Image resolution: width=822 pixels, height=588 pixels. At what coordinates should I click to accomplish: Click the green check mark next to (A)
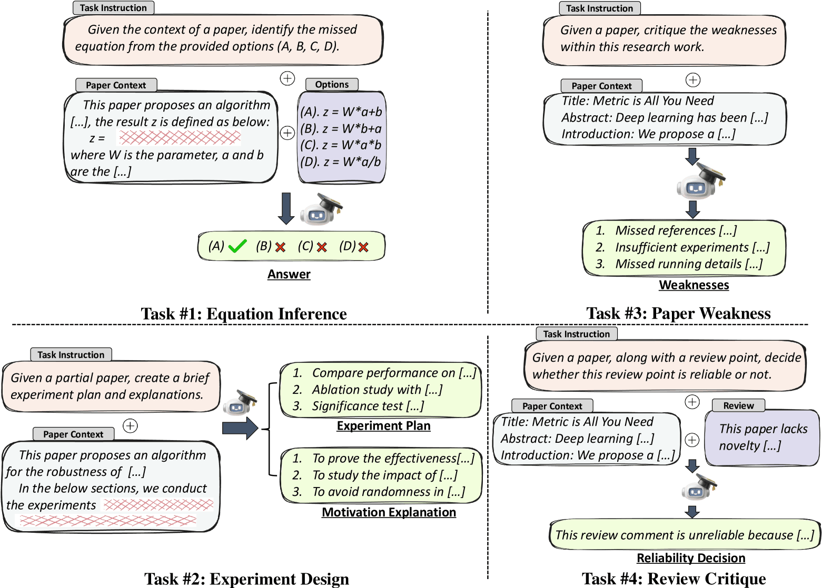coord(237,246)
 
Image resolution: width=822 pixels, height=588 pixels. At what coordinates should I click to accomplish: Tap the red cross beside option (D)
coord(363,247)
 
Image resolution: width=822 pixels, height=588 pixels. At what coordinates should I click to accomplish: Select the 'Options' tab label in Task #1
coord(332,84)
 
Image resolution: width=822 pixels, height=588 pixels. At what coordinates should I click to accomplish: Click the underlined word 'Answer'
coord(289,274)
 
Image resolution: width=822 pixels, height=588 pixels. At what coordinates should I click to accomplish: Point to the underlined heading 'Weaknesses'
coord(694,285)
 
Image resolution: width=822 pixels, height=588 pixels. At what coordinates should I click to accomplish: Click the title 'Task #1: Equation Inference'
coord(244,314)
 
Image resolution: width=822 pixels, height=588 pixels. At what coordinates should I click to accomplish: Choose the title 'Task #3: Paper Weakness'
coord(678,313)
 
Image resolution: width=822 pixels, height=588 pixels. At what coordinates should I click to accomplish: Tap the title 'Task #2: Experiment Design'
coord(246,579)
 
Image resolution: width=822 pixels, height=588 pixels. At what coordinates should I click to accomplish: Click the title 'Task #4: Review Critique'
coord(674,579)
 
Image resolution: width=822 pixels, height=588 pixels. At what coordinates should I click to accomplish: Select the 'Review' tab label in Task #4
coord(738,405)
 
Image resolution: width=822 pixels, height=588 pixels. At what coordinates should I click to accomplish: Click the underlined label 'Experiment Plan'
coord(383,425)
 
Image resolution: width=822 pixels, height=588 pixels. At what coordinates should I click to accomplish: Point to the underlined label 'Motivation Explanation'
coord(389,512)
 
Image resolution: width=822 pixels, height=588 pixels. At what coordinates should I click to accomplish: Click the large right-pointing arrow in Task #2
coord(240,428)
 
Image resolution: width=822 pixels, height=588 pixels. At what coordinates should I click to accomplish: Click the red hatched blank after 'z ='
coord(179,137)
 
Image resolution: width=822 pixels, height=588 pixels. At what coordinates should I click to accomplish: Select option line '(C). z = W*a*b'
coord(341,145)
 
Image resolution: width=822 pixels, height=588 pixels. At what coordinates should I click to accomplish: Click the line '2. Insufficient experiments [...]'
coord(682,247)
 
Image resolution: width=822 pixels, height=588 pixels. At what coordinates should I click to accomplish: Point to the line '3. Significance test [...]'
coord(358,406)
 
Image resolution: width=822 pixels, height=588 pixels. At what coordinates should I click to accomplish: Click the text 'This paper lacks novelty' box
coord(763,438)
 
